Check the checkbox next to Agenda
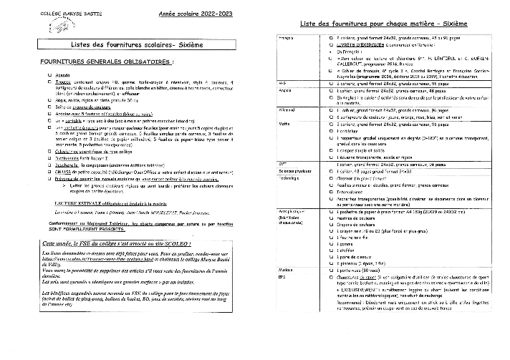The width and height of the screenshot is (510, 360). click(49, 74)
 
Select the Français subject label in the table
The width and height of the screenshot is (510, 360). click(287, 37)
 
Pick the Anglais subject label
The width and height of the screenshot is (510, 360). click(285, 91)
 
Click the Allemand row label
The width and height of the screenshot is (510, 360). click(287, 110)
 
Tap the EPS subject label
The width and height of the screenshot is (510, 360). click(282, 276)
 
